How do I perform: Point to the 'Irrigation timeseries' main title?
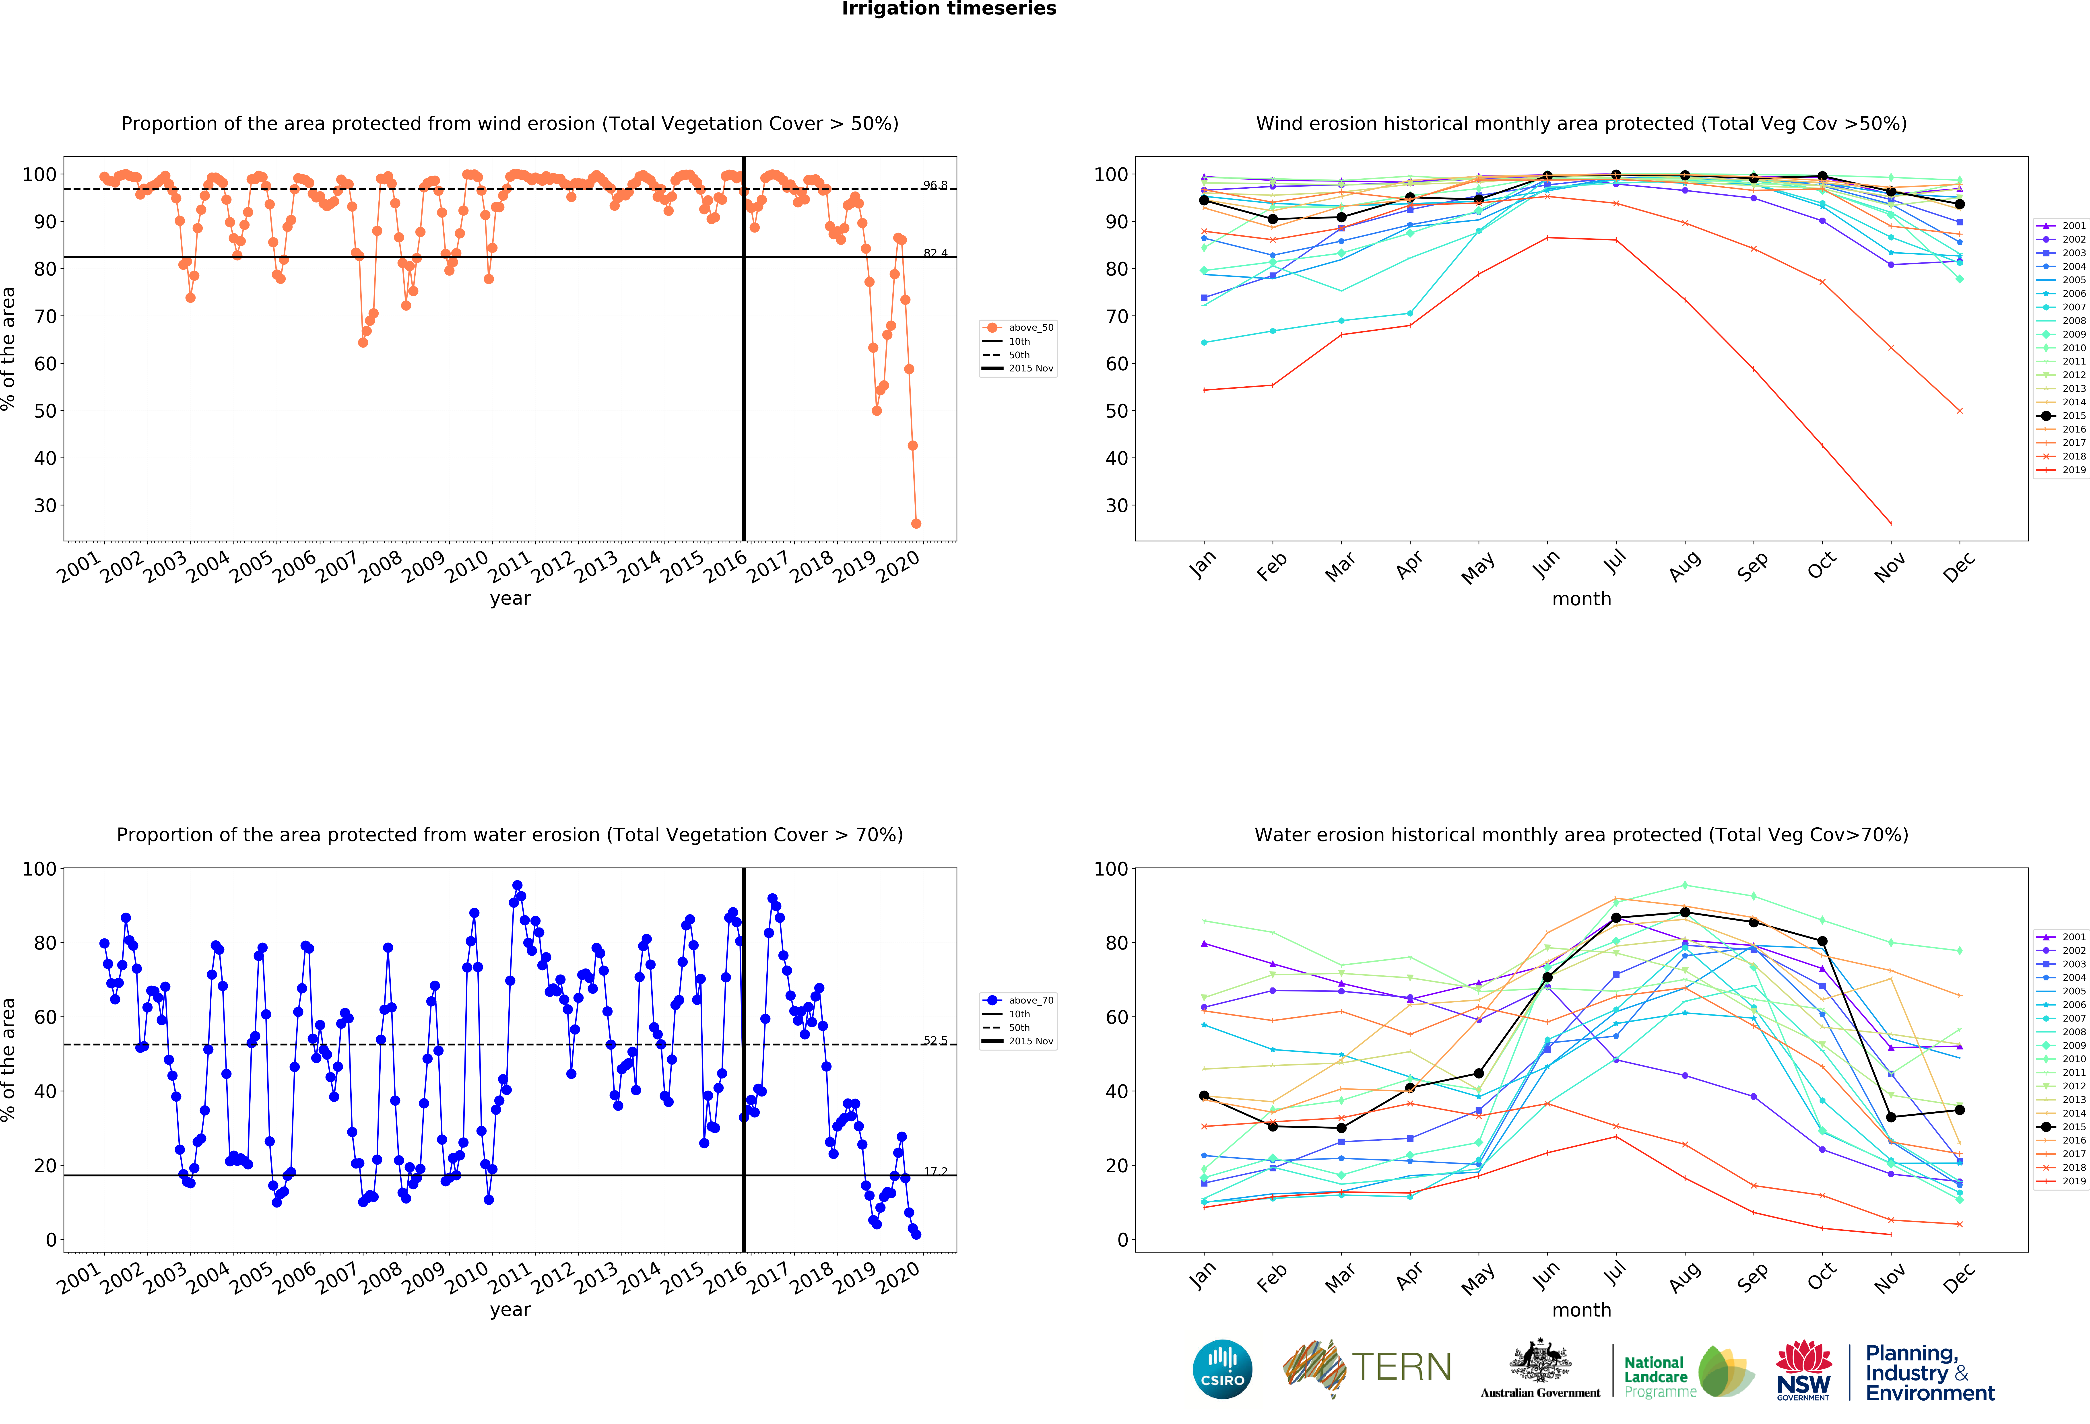949,9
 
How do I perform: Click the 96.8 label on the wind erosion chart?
934,185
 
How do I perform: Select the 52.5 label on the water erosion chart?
934,1040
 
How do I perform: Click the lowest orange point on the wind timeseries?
916,523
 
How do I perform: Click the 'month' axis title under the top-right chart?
1581,599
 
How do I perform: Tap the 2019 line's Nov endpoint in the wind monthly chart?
1890,523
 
